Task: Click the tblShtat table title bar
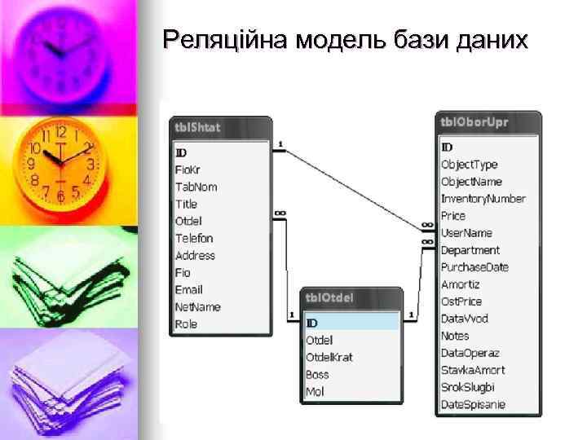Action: pyautogui.click(x=220, y=128)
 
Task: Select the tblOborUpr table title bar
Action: pyautogui.click(x=488, y=122)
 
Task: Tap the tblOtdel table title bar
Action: pyautogui.click(x=352, y=298)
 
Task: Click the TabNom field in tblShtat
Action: pyautogui.click(x=196, y=187)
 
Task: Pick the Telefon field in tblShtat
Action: pyautogui.click(x=194, y=238)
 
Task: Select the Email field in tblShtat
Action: pyautogui.click(x=189, y=289)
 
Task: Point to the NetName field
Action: pyautogui.click(x=197, y=306)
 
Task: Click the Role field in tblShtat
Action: pyautogui.click(x=186, y=323)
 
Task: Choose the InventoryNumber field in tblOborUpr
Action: pyautogui.click(x=483, y=198)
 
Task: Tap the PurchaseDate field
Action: pyautogui.click(x=474, y=266)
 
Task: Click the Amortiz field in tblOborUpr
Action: pyautogui.click(x=461, y=284)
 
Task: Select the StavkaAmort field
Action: pyautogui.click(x=473, y=370)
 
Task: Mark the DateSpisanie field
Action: pyautogui.click(x=473, y=404)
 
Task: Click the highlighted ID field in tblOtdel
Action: pyautogui.click(x=351, y=323)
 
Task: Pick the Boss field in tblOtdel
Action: pyautogui.click(x=317, y=375)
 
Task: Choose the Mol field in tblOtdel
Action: pyautogui.click(x=315, y=392)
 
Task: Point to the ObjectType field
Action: pyautogui.click(x=469, y=164)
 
